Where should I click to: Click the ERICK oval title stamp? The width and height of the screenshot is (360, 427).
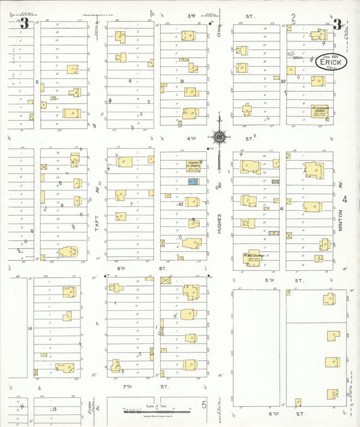click(330, 62)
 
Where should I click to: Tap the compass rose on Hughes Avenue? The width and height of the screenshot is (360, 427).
click(220, 137)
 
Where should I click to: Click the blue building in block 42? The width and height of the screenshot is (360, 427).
click(192, 182)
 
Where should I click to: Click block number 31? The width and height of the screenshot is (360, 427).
click(182, 81)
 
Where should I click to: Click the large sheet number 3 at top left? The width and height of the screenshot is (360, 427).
click(25, 23)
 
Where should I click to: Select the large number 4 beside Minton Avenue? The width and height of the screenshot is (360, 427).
click(345, 199)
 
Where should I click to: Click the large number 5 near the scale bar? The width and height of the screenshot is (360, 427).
click(203, 405)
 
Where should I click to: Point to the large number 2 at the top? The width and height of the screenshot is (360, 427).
click(293, 18)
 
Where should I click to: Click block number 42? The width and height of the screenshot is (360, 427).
click(181, 203)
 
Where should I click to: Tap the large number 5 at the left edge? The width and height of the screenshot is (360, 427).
click(18, 250)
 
